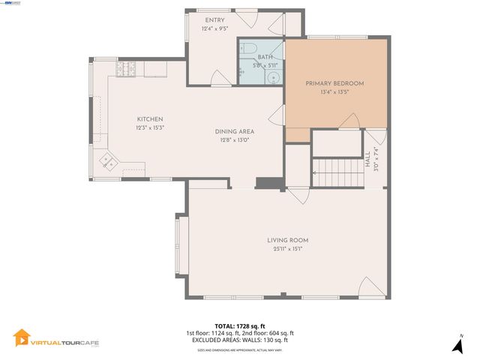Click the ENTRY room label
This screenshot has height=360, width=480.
tap(214, 19)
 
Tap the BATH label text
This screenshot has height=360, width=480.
tap(265, 56)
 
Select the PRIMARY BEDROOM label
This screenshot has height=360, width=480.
tap(334, 83)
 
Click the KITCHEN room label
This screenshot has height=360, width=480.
tap(149, 119)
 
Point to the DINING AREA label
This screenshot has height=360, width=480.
tap(234, 131)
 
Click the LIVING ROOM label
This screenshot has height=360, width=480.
tap(287, 240)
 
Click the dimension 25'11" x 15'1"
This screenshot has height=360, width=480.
tap(287, 249)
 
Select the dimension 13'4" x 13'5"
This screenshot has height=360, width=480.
tap(334, 92)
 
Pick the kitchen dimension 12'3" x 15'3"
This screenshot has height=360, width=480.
tap(149, 127)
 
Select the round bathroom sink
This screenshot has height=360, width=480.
tap(275, 76)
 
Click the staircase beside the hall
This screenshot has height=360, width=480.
tap(337, 173)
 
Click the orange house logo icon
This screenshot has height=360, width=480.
tap(22, 339)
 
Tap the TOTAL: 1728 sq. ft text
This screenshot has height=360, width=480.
tap(239, 326)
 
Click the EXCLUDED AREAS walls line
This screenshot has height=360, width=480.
tap(239, 340)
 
